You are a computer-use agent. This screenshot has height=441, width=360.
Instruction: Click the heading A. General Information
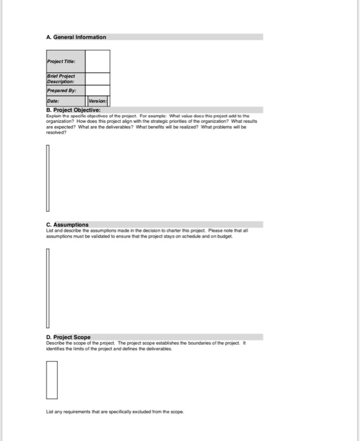pos(76,37)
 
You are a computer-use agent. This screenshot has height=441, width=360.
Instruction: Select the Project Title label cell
pos(65,61)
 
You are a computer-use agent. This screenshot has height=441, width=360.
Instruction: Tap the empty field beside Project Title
pos(98,61)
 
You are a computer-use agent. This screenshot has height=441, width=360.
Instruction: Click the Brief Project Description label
pos(65,79)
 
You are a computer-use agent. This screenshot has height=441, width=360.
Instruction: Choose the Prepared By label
pos(65,90)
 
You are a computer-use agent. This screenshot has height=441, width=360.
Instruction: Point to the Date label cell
pos(65,101)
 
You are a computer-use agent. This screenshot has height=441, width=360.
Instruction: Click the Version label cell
pos(98,101)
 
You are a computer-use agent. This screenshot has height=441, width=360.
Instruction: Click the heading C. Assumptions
pos(67,225)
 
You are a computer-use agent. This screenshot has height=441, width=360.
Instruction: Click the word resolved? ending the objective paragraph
pos(57,132)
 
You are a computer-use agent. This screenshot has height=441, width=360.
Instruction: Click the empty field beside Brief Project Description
pos(98,79)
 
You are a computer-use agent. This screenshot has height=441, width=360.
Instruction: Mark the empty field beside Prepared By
pos(98,90)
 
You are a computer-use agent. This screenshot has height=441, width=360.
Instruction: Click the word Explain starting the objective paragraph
pos(55,117)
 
